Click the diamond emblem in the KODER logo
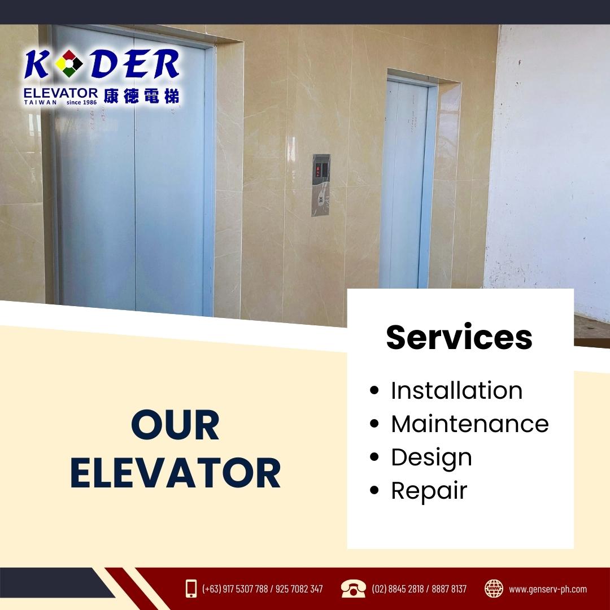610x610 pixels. pos(69,63)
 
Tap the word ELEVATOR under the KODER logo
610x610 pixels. pos(60,93)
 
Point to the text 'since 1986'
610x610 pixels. pos(82,102)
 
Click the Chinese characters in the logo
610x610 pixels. pos(141,95)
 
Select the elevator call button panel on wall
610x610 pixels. pos(321,185)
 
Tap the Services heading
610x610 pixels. pos(459,337)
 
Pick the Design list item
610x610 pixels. pos(432,458)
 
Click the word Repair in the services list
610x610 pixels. pos(429,491)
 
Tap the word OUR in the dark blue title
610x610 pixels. pos(176,425)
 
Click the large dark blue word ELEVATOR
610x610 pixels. pos(176,473)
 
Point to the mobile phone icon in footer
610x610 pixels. pos(191,589)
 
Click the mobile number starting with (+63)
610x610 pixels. pos(262,589)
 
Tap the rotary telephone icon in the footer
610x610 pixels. pos(353,589)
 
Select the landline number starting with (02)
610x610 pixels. pos(419,589)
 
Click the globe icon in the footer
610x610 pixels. pos(494,589)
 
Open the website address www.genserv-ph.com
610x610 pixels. pos(548,589)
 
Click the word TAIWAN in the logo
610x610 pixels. pos(41,102)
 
